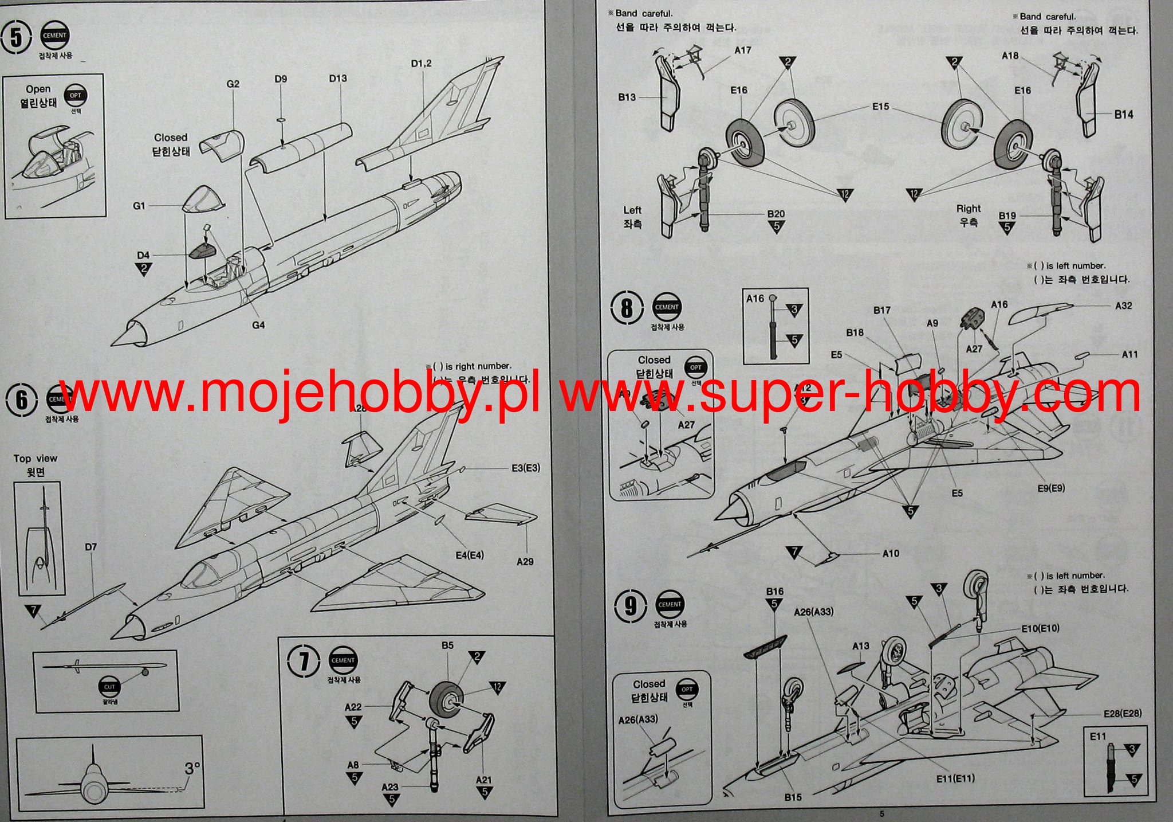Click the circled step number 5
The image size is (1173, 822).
tap(17, 38)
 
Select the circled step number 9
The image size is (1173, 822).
tap(630, 606)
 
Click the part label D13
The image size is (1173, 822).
tap(338, 79)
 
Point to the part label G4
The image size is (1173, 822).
tap(258, 325)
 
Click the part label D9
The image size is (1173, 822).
tap(281, 79)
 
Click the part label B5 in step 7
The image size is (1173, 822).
tap(447, 645)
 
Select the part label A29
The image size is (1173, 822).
tap(525, 562)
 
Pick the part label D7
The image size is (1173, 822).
tap(90, 547)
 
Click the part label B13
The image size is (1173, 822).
tap(627, 97)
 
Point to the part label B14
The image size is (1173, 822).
tap(1123, 115)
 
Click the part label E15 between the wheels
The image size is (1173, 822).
tap(880, 107)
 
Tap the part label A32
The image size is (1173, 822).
tap(1123, 306)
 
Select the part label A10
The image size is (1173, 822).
tap(891, 554)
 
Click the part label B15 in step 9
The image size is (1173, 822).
tap(793, 797)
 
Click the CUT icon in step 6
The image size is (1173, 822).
tap(109, 686)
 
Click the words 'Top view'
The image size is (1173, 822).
tap(36, 459)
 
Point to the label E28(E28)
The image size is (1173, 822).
tap(1122, 714)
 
